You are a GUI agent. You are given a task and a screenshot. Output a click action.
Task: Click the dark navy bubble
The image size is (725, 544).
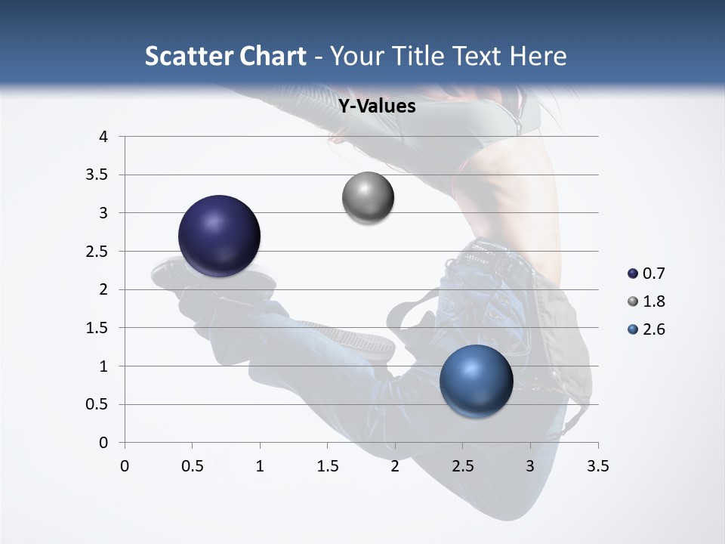[x=220, y=236]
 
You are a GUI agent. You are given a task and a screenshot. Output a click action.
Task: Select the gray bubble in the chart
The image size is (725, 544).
[x=368, y=197]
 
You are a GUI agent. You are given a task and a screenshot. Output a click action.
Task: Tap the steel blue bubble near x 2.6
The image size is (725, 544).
[x=476, y=380]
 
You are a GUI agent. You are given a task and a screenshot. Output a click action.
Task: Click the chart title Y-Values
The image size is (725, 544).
[x=376, y=107]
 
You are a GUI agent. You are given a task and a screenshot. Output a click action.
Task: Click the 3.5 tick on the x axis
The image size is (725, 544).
[x=597, y=466]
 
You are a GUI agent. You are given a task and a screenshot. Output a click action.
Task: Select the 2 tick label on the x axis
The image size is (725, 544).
[x=395, y=466]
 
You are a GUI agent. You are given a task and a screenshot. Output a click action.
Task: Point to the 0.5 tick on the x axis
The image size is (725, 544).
[x=192, y=466]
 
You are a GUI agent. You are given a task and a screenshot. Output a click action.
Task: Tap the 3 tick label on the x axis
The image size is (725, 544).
[x=530, y=466]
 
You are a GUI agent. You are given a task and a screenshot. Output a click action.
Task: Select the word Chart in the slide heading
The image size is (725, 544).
[x=272, y=56]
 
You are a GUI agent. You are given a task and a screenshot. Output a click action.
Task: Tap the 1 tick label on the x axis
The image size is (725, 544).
[x=260, y=466]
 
